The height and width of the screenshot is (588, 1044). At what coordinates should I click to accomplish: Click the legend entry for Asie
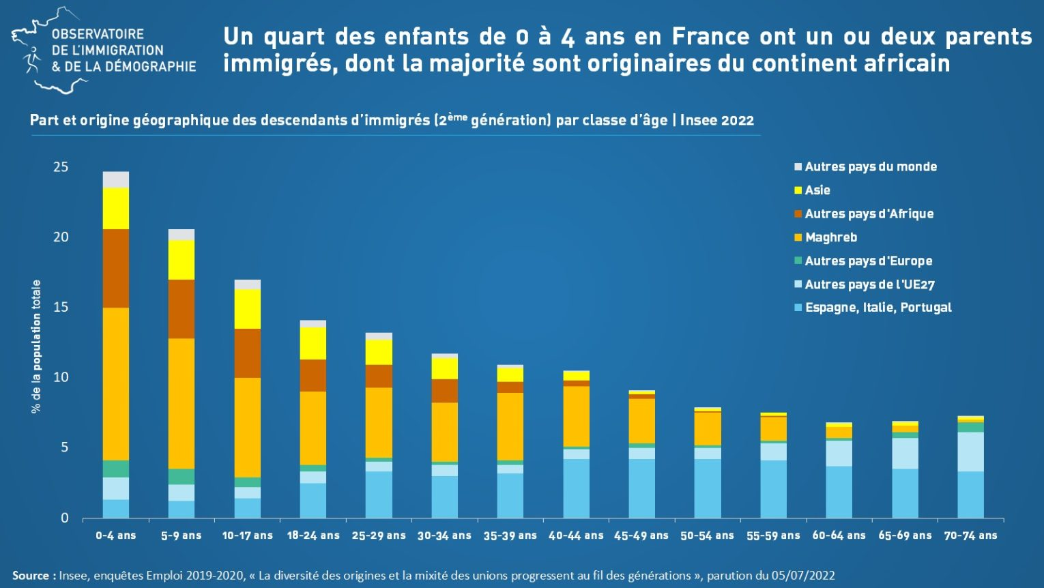[817, 190]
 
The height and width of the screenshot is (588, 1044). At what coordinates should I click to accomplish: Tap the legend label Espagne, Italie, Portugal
[878, 308]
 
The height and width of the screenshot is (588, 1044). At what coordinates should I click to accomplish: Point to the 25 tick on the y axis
[61, 167]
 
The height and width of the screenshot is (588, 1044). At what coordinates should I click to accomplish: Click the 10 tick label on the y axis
[61, 377]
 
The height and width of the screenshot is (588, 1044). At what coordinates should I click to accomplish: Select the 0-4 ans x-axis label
[115, 535]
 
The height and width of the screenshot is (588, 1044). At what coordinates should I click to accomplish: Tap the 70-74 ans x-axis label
[970, 535]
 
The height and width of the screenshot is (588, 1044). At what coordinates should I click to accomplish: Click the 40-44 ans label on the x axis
[576, 535]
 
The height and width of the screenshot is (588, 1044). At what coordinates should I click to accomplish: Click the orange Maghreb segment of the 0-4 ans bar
[116, 383]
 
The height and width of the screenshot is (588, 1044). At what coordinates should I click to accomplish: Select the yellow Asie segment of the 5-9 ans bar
[182, 260]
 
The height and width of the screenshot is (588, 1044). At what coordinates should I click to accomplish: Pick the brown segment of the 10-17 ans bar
[247, 353]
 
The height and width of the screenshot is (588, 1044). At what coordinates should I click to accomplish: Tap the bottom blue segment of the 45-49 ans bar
[641, 488]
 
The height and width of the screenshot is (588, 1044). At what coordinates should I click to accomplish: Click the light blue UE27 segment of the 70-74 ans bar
[970, 452]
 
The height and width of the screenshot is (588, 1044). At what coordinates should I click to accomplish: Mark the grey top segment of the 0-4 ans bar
[116, 179]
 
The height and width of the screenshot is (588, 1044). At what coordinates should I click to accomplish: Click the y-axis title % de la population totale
[36, 347]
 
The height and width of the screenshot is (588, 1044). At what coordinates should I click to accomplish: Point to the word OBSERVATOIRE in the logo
[98, 34]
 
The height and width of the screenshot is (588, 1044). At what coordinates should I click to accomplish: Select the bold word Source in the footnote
[30, 576]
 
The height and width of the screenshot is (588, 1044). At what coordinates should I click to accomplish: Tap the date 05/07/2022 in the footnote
[802, 576]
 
